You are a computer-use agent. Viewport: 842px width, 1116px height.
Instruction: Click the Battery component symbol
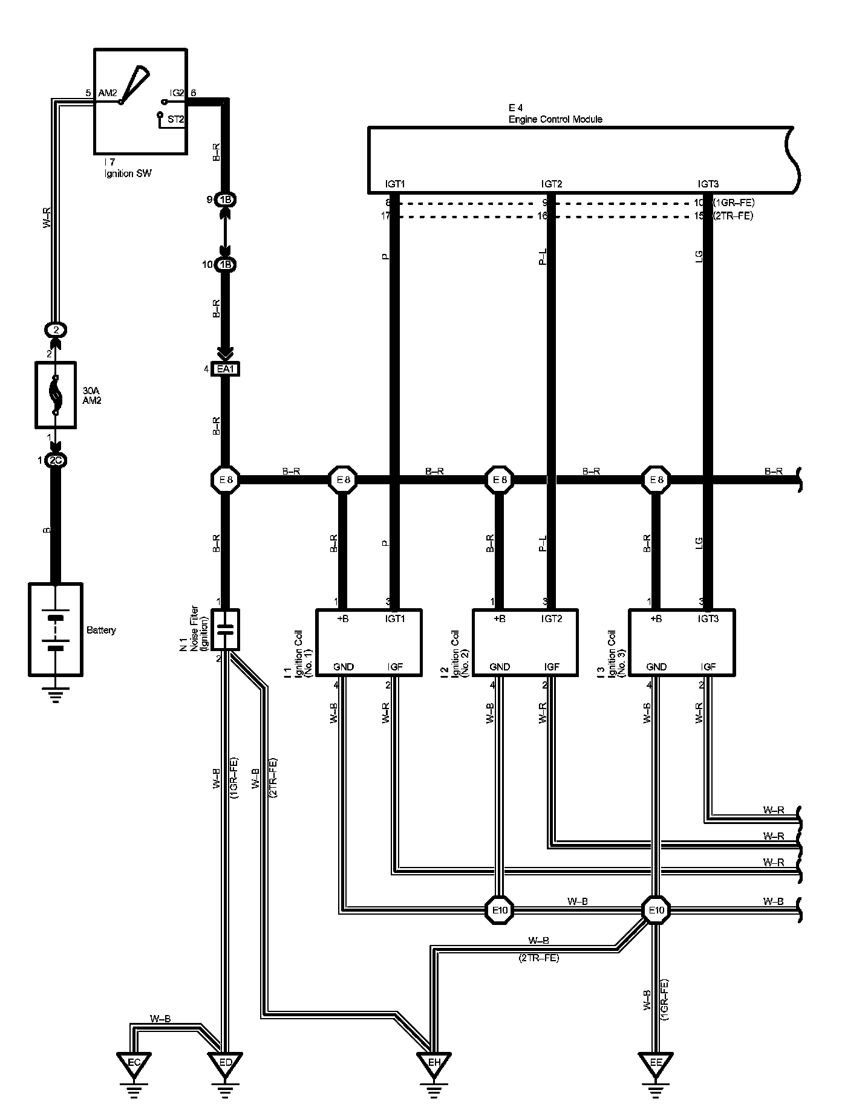click(56, 629)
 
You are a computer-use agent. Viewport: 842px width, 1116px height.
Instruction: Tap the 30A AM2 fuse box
click(56, 395)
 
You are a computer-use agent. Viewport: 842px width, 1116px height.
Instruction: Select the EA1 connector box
click(224, 369)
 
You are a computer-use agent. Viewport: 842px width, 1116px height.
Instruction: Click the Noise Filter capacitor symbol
click(224, 629)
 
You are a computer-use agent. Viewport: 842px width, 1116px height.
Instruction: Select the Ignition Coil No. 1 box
click(368, 641)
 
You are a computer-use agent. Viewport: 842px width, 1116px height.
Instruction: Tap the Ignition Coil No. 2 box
click(524, 641)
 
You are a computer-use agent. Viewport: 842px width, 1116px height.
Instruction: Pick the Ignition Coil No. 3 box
click(682, 641)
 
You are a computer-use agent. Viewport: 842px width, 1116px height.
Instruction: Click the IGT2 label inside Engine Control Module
click(552, 184)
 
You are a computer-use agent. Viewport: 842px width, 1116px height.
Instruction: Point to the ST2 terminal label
click(175, 119)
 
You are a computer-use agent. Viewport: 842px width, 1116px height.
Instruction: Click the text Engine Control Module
click(555, 119)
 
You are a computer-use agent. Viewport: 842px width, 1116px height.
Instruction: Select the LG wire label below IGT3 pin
click(699, 256)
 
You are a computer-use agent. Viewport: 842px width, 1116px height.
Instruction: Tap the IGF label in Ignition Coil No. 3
click(708, 667)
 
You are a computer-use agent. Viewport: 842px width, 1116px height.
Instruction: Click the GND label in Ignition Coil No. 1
click(344, 667)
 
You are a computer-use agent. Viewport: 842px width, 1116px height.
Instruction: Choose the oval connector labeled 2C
click(56, 461)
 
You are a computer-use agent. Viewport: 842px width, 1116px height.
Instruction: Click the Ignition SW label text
click(127, 174)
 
